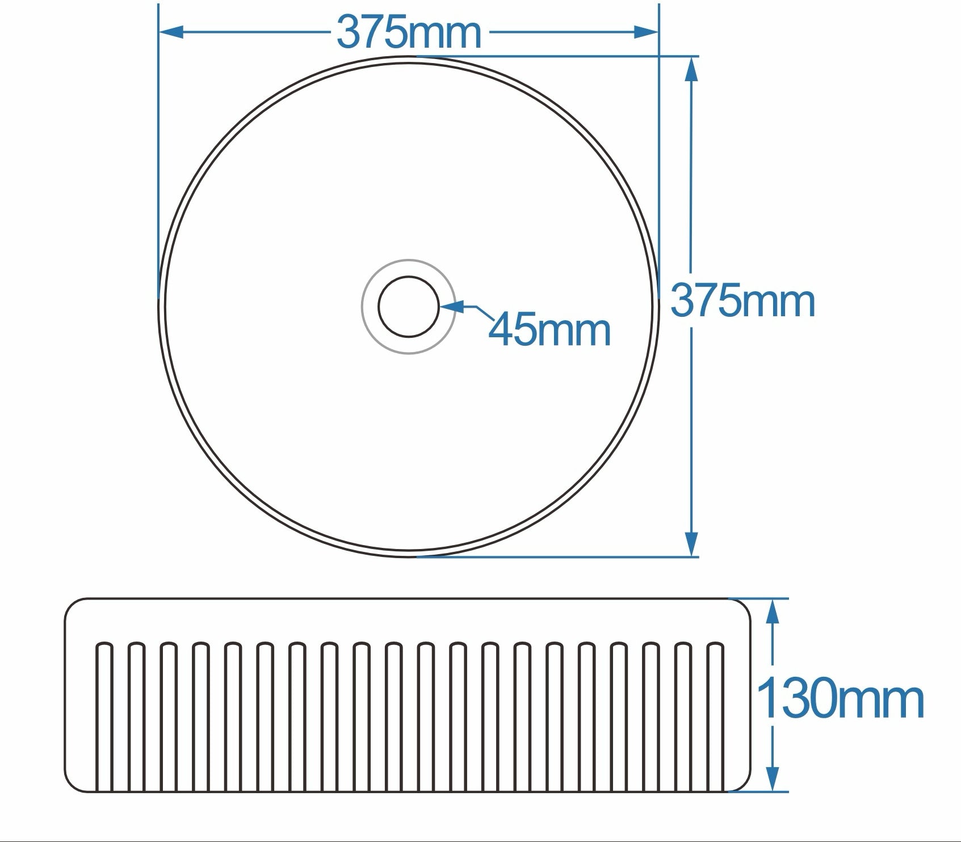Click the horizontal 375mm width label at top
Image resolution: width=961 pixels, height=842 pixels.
(x=409, y=32)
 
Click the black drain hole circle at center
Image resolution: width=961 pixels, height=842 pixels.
(x=409, y=307)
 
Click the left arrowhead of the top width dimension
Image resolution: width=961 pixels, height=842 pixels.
(x=172, y=32)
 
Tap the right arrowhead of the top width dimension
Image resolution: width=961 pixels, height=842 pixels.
(x=645, y=32)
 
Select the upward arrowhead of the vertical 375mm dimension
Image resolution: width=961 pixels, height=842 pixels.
(x=691, y=70)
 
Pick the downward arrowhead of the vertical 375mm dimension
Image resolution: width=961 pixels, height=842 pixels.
(x=691, y=544)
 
